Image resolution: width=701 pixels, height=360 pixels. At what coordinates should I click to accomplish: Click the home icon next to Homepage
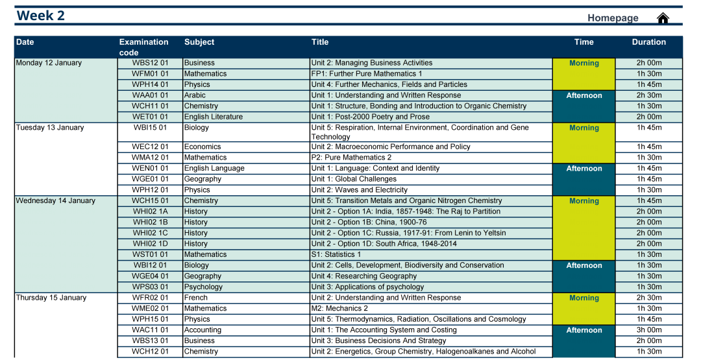pyautogui.click(x=663, y=18)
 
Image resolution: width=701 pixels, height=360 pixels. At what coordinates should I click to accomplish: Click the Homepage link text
pyautogui.click(x=613, y=18)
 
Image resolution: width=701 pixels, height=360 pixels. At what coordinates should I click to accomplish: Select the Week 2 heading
pyautogui.click(x=41, y=16)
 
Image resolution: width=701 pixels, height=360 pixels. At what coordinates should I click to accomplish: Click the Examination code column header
pyautogui.click(x=143, y=47)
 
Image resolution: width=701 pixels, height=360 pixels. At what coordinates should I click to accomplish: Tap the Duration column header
pyautogui.click(x=648, y=42)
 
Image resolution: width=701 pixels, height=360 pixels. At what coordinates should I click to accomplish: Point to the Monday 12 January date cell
pyautogui.click(x=49, y=63)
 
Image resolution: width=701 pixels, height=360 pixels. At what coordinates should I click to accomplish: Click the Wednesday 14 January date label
pyautogui.click(x=55, y=200)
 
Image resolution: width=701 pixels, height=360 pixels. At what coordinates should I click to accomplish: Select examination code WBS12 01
pyautogui.click(x=150, y=63)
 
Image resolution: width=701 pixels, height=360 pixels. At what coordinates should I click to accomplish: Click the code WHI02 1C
pyautogui.click(x=150, y=233)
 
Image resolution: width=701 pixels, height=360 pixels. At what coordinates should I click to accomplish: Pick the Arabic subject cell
pyautogui.click(x=195, y=95)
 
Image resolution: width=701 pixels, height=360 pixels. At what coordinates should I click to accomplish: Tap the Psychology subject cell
pyautogui.click(x=203, y=287)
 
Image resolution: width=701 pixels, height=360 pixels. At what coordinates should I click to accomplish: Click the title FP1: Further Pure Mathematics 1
pyautogui.click(x=366, y=74)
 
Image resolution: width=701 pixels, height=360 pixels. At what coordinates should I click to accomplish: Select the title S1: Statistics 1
pyautogui.click(x=336, y=254)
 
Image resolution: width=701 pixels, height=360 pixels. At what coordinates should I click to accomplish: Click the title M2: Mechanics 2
pyautogui.click(x=339, y=308)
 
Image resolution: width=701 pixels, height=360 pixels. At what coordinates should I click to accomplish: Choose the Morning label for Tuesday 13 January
pyautogui.click(x=584, y=128)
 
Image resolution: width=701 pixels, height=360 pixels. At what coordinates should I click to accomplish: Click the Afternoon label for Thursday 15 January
pyautogui.click(x=584, y=330)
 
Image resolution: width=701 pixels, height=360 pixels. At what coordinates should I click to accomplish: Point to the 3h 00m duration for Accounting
pyautogui.click(x=648, y=330)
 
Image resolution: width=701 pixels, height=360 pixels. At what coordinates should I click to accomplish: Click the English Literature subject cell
pyautogui.click(x=213, y=117)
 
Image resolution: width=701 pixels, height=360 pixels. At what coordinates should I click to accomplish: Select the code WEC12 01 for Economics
pyautogui.click(x=150, y=147)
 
